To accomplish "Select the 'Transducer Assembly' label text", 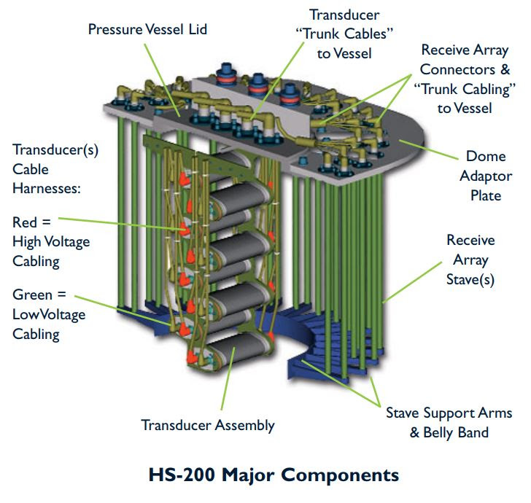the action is click(x=207, y=426).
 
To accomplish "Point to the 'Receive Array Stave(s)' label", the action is click(x=470, y=260).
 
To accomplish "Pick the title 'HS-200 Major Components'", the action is click(x=265, y=475).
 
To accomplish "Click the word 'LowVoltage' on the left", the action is click(x=49, y=315).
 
